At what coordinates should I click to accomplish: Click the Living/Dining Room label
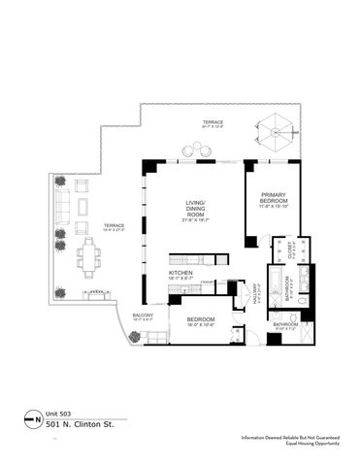[x=197, y=208]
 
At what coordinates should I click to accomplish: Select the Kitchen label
[x=180, y=275]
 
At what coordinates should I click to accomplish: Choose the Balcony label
[x=143, y=316]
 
